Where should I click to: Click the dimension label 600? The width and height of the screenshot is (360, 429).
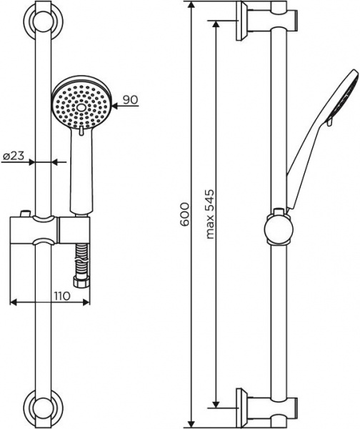pyautogui.click(x=185, y=214)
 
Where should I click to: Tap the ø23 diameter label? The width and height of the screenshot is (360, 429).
pyautogui.click(x=14, y=155)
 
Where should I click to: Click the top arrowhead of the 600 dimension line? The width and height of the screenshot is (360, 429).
pyautogui.click(x=191, y=6)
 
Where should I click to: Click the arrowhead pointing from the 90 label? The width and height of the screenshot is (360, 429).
pyautogui.click(x=109, y=99)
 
